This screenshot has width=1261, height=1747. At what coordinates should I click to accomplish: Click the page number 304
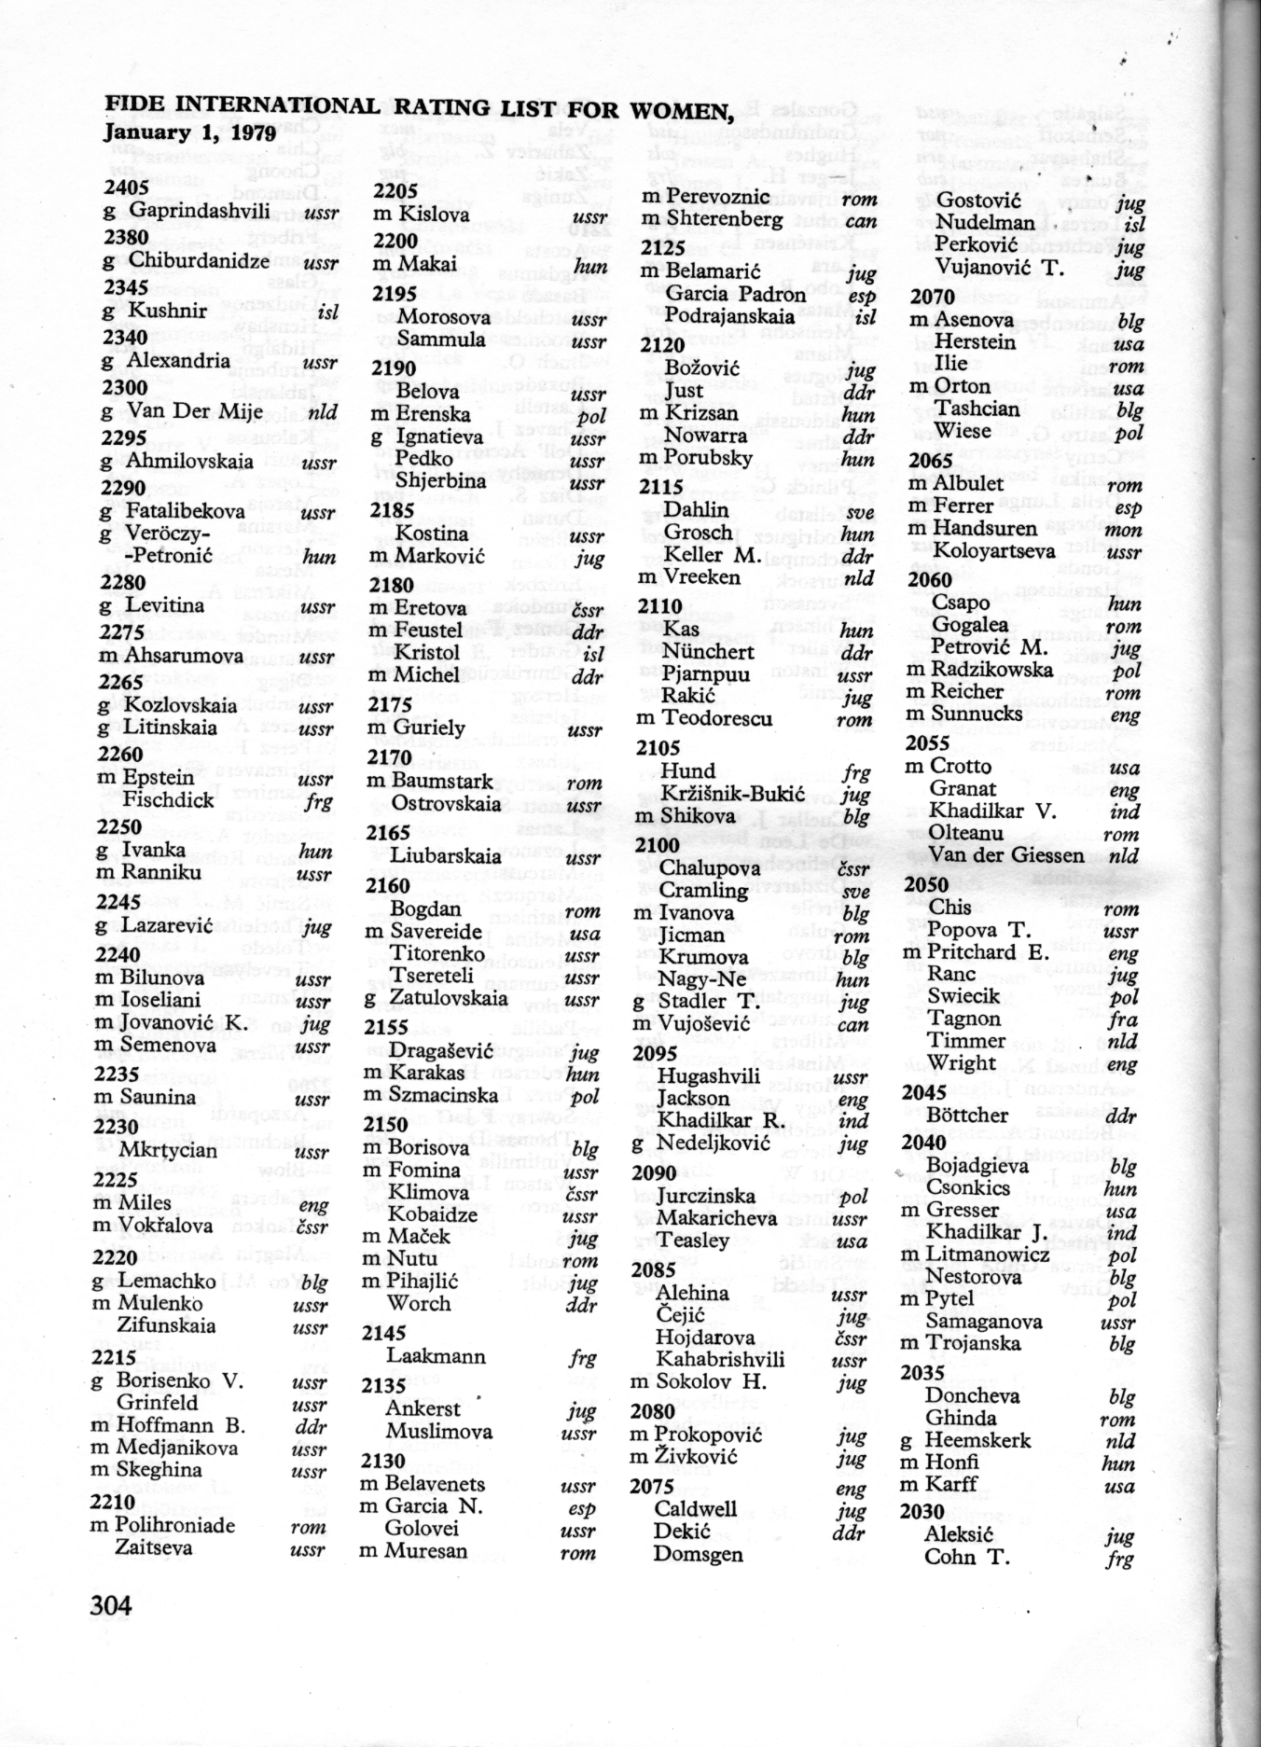(111, 1605)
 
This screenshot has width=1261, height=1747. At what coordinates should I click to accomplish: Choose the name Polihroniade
(175, 1525)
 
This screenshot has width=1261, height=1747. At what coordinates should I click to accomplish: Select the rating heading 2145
(383, 1333)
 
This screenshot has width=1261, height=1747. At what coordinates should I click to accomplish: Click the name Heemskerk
(977, 1440)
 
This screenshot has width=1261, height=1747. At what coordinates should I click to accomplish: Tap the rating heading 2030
(921, 1511)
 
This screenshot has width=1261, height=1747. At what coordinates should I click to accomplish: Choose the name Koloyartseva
(993, 550)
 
